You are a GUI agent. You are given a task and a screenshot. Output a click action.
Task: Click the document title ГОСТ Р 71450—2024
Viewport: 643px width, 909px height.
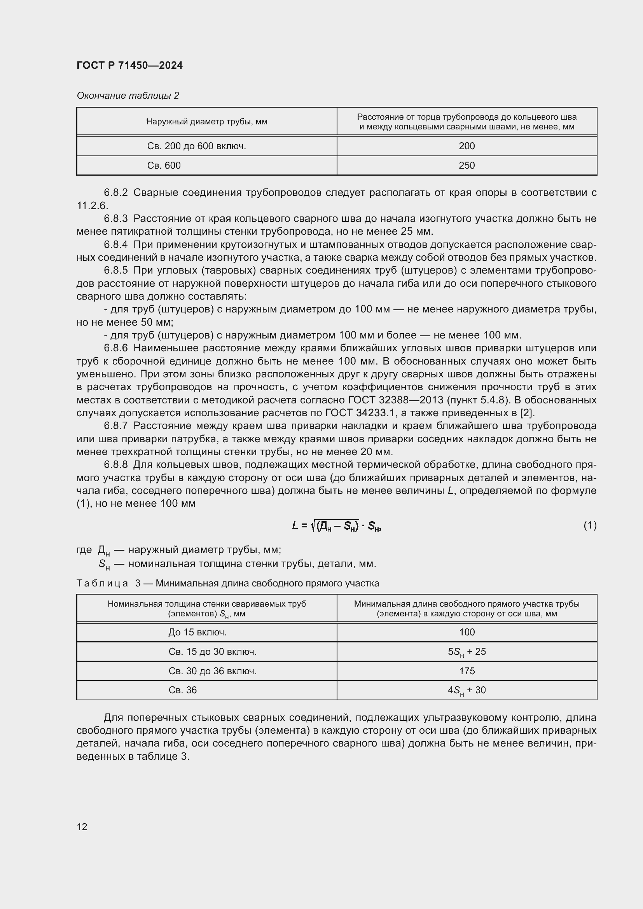pyautogui.click(x=129, y=66)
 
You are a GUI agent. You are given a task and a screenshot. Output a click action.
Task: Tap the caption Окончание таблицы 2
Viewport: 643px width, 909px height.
pyautogui.click(x=128, y=96)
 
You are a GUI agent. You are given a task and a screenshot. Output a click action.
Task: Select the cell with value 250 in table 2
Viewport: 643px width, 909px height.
pyautogui.click(x=467, y=166)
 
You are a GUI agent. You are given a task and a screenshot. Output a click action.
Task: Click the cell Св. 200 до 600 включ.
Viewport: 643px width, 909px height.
pyautogui.click(x=196, y=146)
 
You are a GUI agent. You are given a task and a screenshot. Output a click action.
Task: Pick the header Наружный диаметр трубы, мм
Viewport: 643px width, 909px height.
pyautogui.click(x=206, y=122)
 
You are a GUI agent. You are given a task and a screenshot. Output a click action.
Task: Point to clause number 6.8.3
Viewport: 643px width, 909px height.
pyautogui.click(x=115, y=218)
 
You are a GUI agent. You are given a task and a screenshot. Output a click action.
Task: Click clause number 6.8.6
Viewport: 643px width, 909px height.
pyautogui.click(x=115, y=348)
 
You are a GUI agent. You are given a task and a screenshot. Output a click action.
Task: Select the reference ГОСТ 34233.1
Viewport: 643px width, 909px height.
pyautogui.click(x=360, y=413)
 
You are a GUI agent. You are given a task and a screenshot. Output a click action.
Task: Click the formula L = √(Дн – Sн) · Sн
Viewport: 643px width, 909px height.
pyautogui.click(x=337, y=526)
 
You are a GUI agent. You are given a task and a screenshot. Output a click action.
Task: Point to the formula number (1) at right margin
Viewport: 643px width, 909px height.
pyautogui.click(x=590, y=525)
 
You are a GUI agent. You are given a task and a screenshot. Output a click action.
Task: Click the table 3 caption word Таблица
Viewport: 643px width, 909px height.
pyautogui.click(x=102, y=583)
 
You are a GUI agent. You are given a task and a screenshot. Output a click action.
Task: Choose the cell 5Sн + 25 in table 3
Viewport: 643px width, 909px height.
pyautogui.click(x=467, y=652)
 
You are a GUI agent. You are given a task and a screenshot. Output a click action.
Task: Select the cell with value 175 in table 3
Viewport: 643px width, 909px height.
pyautogui.click(x=467, y=671)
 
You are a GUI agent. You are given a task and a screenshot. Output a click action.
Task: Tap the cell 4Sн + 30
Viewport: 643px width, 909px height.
pyautogui.click(x=467, y=690)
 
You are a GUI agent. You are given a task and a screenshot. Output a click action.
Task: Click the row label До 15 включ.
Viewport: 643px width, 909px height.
pyautogui.click(x=197, y=632)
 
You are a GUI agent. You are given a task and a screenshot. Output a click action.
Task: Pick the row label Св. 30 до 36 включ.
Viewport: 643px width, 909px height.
pyautogui.click(x=212, y=671)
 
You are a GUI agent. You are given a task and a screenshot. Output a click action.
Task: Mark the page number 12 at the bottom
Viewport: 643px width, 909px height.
pyautogui.click(x=82, y=827)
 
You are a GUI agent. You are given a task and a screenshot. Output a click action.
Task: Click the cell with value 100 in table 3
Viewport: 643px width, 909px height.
pyautogui.click(x=467, y=632)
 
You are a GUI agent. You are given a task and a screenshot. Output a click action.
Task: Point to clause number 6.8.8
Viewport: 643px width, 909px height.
pyautogui.click(x=115, y=464)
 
